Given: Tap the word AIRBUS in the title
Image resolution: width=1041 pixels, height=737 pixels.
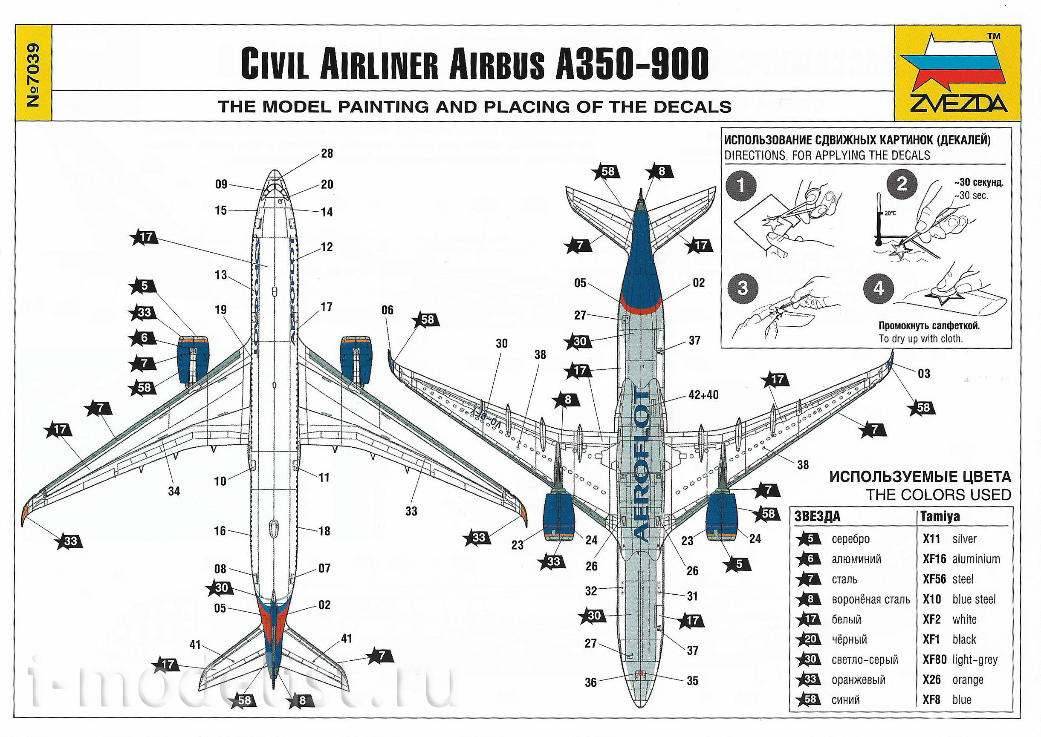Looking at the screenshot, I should click(x=496, y=65).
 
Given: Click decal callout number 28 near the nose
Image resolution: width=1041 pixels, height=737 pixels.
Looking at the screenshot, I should click(x=327, y=153).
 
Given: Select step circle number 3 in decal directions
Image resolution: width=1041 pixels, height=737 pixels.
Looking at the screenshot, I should click(x=743, y=288).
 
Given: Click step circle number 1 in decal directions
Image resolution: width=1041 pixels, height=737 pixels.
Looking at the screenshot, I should click(x=741, y=185).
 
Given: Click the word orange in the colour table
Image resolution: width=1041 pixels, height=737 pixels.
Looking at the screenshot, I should click(x=968, y=680).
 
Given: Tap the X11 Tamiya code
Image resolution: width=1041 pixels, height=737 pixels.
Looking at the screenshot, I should click(x=931, y=539).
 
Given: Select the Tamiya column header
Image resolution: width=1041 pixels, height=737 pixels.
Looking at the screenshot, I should click(x=940, y=516).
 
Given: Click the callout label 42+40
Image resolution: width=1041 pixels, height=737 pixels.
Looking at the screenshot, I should click(x=703, y=395).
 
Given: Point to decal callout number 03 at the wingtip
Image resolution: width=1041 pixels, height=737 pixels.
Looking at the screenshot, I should click(x=924, y=374).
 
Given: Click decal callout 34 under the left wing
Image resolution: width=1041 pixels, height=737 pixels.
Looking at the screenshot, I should click(x=174, y=491).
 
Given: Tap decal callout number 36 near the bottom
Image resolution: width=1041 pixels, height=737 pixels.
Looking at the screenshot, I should click(x=591, y=682).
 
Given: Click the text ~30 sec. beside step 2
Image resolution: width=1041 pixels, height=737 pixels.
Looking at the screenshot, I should click(x=971, y=196).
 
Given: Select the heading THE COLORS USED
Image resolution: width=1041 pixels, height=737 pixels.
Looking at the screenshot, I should click(x=938, y=495).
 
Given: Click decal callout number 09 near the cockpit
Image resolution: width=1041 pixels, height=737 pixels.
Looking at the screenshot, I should click(x=221, y=184).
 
